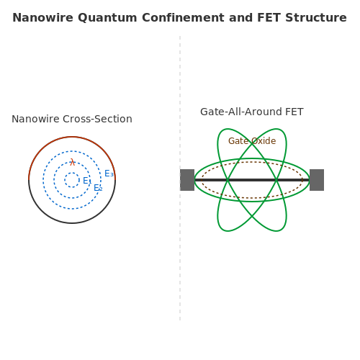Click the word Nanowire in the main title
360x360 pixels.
pos(42,18)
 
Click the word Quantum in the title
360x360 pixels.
pos(107,18)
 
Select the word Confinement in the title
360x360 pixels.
pos(183,18)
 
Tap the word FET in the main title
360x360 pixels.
pos(269,18)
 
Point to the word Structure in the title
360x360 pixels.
pos(316,18)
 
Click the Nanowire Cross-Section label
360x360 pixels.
pos(72,119)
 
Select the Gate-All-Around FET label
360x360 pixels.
pos(252,112)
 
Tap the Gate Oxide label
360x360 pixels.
pos(252,141)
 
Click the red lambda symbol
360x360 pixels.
pos(72,162)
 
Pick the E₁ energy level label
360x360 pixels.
pos(87,181)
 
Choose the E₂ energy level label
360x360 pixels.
pos(98,188)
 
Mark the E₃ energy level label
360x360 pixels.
pos(109,174)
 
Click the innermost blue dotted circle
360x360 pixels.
pos(72,173)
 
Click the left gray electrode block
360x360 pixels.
pos(187,180)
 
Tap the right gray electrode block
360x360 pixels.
pos(317,180)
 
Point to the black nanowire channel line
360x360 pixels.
pos(252,180)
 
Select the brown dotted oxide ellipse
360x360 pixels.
pos(252,162)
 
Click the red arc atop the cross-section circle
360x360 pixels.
pos(72,137)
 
